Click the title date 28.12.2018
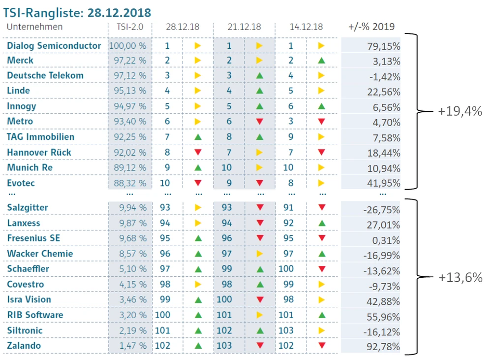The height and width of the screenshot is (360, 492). pos(120,12)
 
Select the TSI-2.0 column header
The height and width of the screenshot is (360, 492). pos(130,27)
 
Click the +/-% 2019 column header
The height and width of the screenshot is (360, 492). pos(371,27)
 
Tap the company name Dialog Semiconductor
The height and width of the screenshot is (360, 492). pos(54,46)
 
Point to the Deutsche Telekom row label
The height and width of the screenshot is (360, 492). pos(45,76)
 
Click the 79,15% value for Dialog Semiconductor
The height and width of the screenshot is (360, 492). pos(384,46)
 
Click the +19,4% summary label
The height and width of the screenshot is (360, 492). pos(460,111)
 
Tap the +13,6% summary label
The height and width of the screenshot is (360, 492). pos(460,277)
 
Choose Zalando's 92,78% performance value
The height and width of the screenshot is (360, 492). pos(384,347)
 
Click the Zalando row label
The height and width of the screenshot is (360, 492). pos(24,346)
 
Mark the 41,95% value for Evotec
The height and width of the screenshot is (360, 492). pos(384,184)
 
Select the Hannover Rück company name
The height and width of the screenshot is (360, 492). pos(39,153)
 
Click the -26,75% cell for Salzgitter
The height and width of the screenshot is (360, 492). pos(382,210)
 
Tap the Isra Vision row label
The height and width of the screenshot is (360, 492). pos(29,299)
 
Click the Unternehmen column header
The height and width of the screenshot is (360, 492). pos(35,27)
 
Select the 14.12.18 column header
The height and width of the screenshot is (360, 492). pos(306,27)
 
